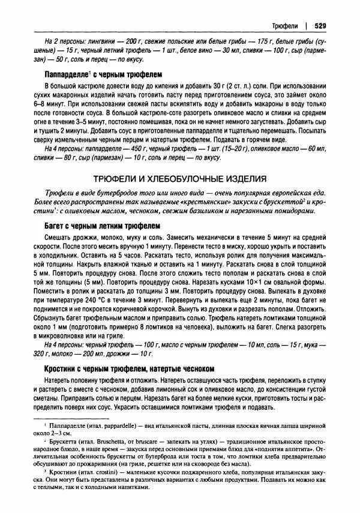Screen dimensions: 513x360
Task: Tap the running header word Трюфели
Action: [x=284, y=26]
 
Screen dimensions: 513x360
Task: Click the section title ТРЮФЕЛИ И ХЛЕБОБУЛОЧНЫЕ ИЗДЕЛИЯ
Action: [x=179, y=179]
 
